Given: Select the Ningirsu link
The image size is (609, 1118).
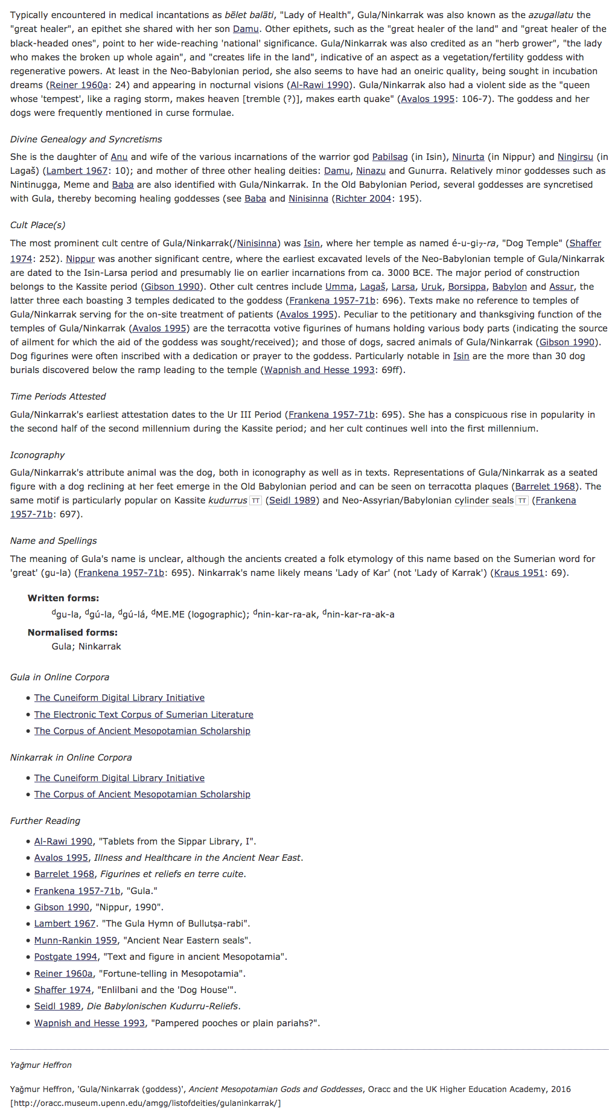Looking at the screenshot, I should [x=575, y=157].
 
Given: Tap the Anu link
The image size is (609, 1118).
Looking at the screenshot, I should [x=119, y=157].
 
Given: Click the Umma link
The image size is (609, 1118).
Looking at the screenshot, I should [x=339, y=287].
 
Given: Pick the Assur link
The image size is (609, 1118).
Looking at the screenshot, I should [x=561, y=287].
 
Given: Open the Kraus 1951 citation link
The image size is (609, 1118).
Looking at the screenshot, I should [x=519, y=573].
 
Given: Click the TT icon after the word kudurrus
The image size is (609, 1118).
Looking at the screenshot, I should [x=256, y=500].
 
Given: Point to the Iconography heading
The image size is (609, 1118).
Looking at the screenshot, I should [x=37, y=455].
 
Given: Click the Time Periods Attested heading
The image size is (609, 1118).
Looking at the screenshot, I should [x=58, y=397].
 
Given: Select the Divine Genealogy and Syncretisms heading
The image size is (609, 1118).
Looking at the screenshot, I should [x=86, y=139].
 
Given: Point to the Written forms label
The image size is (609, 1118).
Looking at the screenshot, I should [x=63, y=598].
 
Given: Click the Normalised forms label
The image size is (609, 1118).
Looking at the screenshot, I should [x=72, y=633].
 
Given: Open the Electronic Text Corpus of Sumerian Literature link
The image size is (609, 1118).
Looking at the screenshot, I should [x=144, y=715].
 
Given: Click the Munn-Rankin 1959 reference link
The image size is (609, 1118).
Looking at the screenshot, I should [x=75, y=941].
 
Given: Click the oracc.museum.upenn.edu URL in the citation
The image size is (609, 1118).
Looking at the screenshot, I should [x=145, y=1103].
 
